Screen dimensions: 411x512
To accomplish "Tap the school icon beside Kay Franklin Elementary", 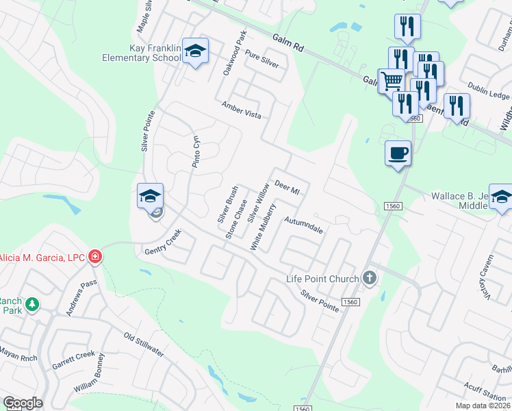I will (x=196, y=51).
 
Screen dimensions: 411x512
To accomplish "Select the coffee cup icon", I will (x=398, y=153).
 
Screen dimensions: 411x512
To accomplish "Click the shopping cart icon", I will (x=392, y=81).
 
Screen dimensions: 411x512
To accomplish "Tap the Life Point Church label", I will (x=322, y=279).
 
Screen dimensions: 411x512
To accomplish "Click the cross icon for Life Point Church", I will (x=370, y=277).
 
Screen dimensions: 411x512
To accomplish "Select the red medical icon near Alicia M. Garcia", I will (x=95, y=257).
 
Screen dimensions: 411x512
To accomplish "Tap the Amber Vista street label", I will (x=241, y=110).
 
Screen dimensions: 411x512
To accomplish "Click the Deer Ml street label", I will (x=287, y=186).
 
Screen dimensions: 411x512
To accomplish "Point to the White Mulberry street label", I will (x=264, y=227).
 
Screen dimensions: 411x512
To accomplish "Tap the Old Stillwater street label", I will (x=144, y=345).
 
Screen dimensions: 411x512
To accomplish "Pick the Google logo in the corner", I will (x=23, y=403).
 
